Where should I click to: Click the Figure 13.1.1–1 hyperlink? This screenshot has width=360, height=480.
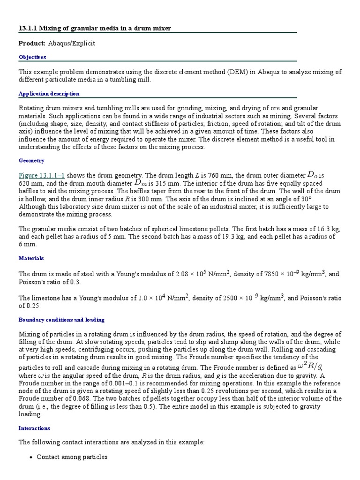click(42, 175)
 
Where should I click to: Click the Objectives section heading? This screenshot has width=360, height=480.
click(32, 57)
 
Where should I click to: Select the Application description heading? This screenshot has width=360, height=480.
click(49, 94)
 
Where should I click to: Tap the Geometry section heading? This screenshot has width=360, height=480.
click(31, 161)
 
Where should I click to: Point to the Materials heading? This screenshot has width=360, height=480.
click(31, 258)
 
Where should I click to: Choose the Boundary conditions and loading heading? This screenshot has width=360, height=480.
click(61, 320)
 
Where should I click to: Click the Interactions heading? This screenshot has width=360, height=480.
click(34, 428)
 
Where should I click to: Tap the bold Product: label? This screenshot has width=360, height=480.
click(32, 44)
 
